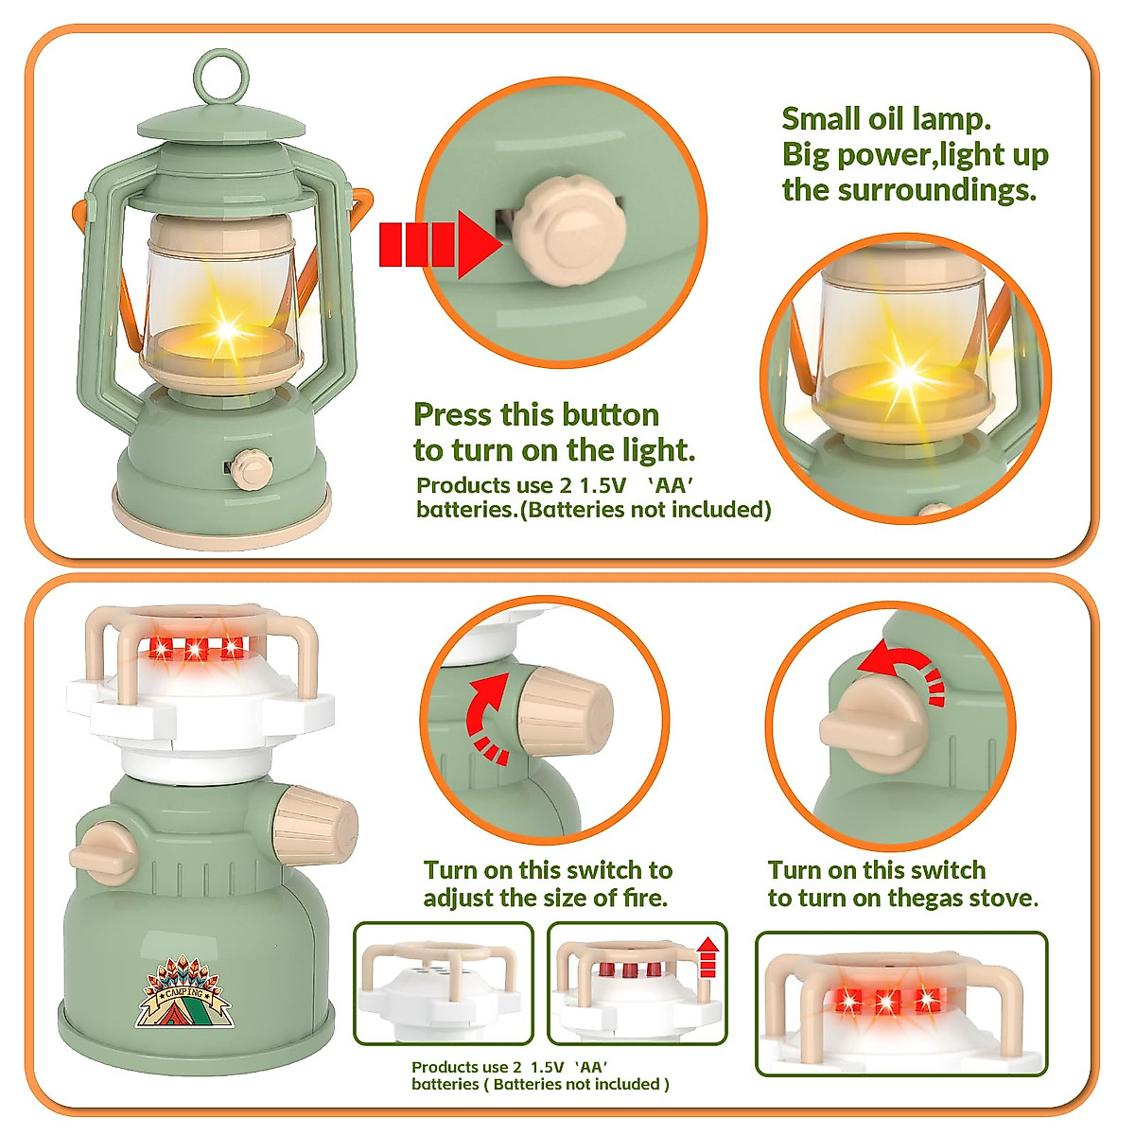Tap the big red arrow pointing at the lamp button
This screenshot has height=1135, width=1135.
438,244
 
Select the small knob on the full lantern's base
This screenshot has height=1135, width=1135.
251,469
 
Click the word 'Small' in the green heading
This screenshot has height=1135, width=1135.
820,119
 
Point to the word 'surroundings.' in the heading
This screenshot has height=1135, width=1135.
937,191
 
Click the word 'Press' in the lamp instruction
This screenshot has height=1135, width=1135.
452,414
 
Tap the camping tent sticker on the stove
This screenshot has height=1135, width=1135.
183,991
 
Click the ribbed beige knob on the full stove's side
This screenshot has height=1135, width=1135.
316,825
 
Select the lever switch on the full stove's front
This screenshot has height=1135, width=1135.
104,855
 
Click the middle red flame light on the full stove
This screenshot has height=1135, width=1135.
195,649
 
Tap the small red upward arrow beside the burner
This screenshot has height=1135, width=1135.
707,957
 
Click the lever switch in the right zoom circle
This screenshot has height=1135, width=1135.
872,724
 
